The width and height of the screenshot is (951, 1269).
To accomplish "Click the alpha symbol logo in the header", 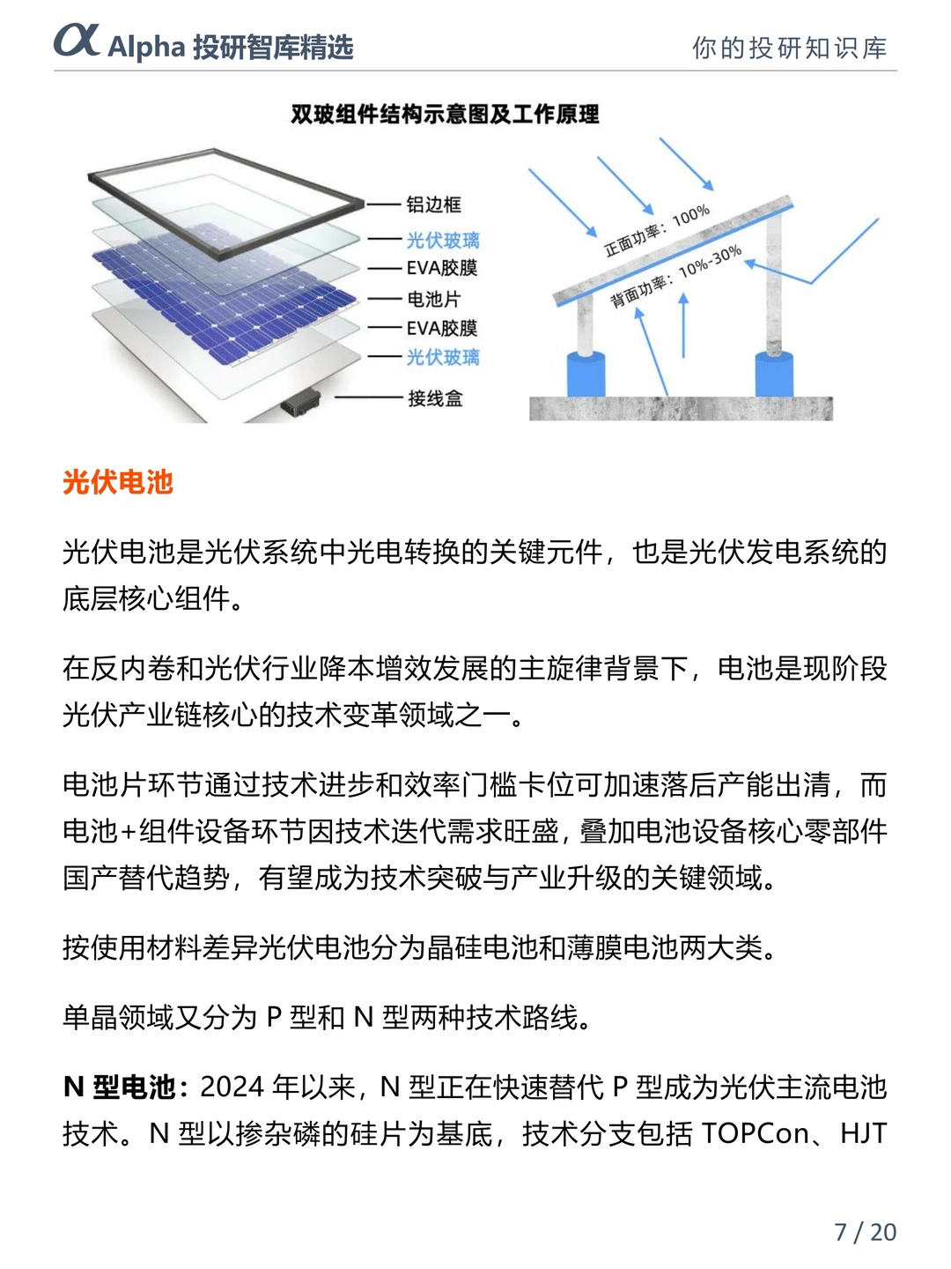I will click(x=77, y=41).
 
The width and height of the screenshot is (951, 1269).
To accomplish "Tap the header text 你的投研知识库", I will click(x=789, y=48).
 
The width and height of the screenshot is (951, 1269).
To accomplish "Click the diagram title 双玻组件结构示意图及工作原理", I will click(x=445, y=115).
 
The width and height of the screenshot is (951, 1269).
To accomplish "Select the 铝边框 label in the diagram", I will click(x=433, y=204).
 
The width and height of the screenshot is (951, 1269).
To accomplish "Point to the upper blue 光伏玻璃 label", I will click(x=442, y=240).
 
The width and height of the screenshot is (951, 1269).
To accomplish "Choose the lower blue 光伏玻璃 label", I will click(x=442, y=357).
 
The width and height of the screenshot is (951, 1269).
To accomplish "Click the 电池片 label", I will click(x=433, y=299).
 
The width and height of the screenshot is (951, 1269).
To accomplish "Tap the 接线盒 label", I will click(x=434, y=398).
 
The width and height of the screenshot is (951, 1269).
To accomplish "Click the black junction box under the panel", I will click(x=300, y=404).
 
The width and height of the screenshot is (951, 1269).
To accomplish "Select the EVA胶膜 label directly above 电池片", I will click(x=441, y=268).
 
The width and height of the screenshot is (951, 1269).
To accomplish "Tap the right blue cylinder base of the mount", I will click(x=775, y=375).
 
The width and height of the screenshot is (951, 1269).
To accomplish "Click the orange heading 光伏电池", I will click(x=118, y=482).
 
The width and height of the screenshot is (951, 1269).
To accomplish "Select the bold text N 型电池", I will click(x=120, y=1087).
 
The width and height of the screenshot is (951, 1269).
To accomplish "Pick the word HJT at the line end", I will click(x=863, y=1133).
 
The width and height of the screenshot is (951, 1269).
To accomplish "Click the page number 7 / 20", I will click(x=865, y=1231).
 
